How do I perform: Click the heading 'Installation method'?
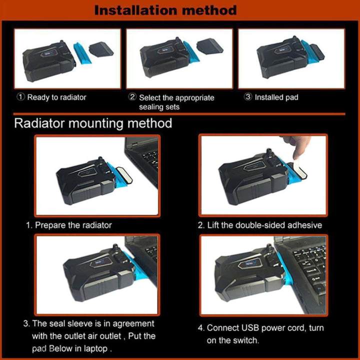point(165,9)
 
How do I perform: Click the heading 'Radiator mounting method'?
point(93,123)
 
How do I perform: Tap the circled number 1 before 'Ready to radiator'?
point(20,97)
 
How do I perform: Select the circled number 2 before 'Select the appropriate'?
point(132,97)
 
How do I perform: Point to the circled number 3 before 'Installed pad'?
point(248,97)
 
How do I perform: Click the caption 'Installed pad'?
point(276,97)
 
